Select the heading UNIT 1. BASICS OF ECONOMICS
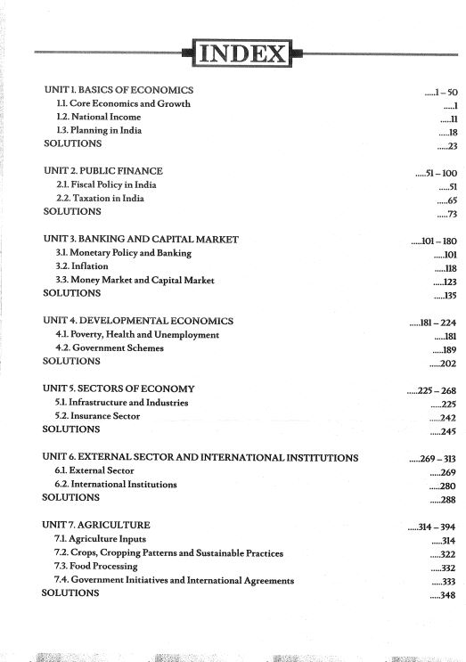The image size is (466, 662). click(x=119, y=91)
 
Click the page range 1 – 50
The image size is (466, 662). click(x=444, y=92)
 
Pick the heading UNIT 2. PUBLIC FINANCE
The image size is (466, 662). click(x=103, y=170)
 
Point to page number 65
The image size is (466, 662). click(x=451, y=201)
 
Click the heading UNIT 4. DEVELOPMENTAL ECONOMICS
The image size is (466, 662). click(x=138, y=321)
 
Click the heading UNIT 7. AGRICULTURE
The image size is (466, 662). click(x=97, y=525)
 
